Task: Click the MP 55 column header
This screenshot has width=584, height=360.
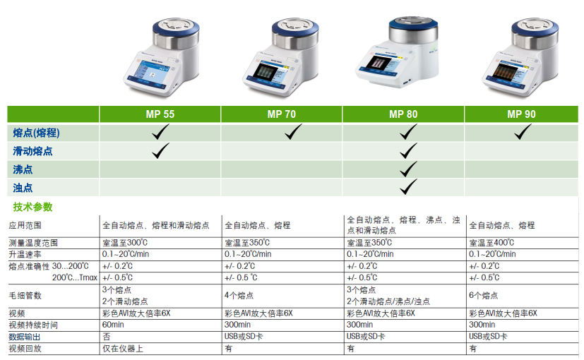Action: (x=160, y=114)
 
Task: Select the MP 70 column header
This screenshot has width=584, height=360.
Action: (x=282, y=114)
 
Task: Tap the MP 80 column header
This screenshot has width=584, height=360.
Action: (x=403, y=114)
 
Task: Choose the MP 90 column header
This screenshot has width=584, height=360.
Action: (x=521, y=114)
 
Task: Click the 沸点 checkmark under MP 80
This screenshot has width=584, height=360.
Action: (x=408, y=169)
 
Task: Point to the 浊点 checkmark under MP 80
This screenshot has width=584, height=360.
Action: (x=408, y=187)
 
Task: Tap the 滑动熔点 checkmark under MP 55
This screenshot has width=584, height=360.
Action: (x=160, y=151)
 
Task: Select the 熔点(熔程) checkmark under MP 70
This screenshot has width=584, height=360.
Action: (x=293, y=132)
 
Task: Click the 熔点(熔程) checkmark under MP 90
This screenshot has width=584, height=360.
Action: (x=523, y=132)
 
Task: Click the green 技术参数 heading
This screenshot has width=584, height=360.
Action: (x=32, y=207)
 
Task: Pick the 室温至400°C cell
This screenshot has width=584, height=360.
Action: (x=491, y=243)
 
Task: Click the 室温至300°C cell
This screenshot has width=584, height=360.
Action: (x=125, y=243)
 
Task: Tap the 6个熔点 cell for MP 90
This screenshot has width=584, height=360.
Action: (x=484, y=296)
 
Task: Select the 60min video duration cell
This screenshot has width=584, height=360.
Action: (x=113, y=325)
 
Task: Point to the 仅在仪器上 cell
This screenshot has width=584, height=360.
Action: (x=123, y=349)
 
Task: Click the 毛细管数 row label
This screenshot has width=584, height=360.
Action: (x=25, y=296)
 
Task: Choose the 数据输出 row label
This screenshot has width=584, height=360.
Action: (x=25, y=337)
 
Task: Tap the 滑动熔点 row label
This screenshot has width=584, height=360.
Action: (x=32, y=151)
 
